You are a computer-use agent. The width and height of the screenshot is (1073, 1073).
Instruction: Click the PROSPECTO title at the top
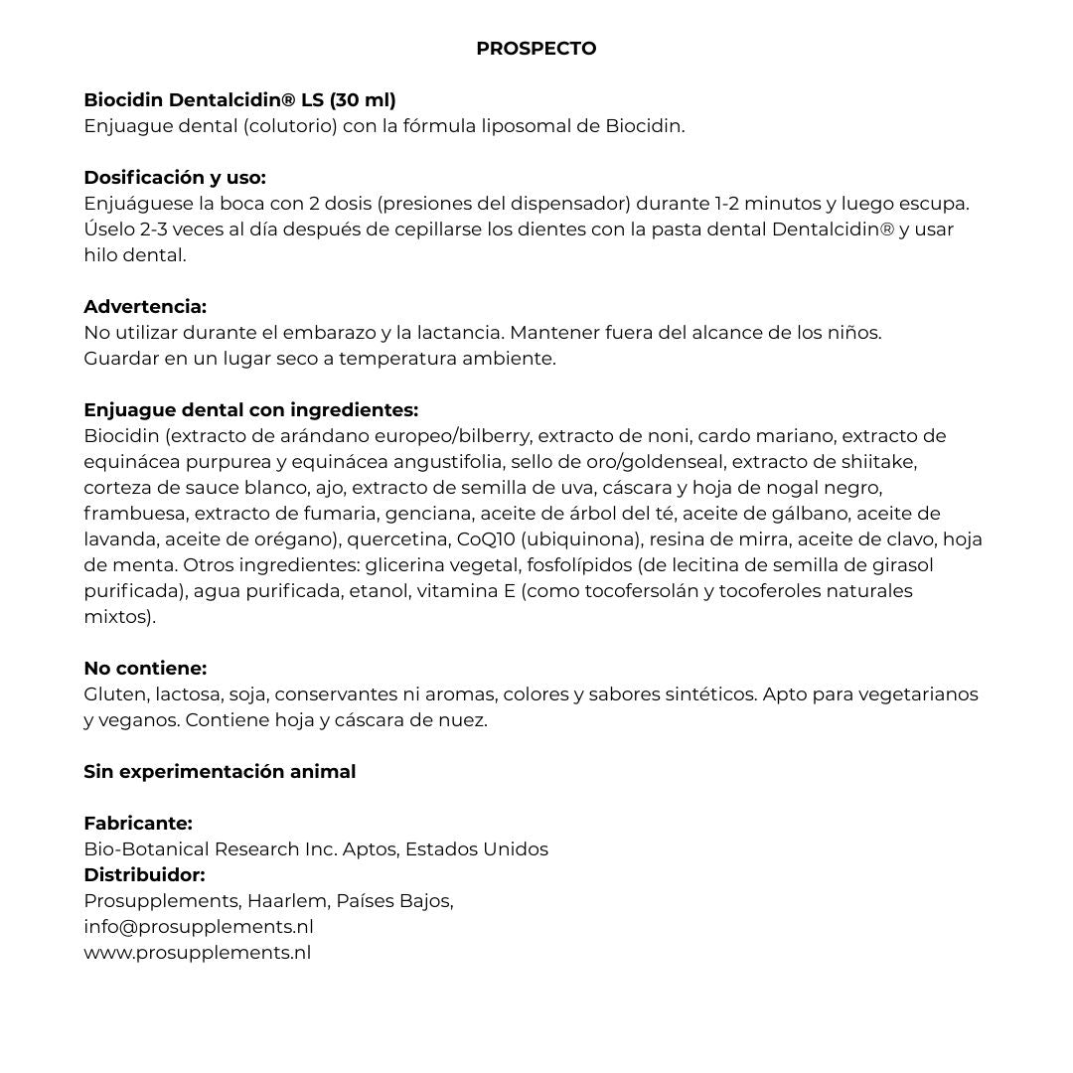[536, 49]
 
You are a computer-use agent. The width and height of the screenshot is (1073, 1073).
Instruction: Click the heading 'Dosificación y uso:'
[175, 178]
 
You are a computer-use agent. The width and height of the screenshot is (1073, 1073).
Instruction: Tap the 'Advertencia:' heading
[145, 307]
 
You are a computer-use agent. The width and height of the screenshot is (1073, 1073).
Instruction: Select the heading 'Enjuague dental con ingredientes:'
[250, 410]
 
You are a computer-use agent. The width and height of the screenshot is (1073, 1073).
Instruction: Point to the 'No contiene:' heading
[145, 669]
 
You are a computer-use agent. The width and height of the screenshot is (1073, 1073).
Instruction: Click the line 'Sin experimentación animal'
[220, 772]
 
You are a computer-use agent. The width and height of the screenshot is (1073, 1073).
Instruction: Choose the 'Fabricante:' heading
[138, 824]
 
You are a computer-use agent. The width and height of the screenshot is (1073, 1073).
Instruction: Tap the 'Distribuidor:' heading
[144, 875]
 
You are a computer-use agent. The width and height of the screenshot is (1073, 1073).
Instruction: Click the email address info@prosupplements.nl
[199, 927]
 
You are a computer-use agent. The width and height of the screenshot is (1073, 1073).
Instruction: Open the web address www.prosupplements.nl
[197, 953]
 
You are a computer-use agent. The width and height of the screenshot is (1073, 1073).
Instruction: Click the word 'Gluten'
[114, 694]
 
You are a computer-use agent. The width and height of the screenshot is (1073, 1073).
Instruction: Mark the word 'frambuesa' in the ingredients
[133, 514]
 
